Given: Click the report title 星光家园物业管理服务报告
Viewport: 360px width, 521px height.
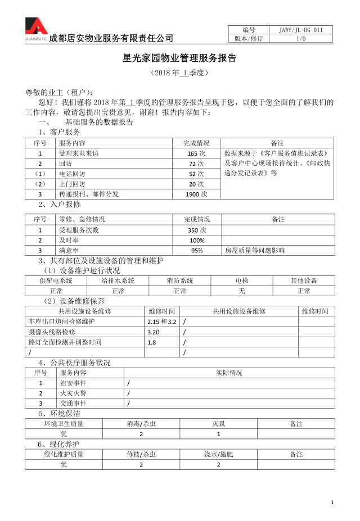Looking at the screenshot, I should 179,58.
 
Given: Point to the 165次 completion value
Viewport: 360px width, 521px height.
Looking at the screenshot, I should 196,153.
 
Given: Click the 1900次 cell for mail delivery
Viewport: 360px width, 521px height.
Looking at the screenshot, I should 196,194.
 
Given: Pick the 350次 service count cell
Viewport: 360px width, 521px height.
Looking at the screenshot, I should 196,230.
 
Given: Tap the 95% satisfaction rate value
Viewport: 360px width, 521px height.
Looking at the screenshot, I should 196,251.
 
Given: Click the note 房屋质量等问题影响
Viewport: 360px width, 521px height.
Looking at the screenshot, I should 254,251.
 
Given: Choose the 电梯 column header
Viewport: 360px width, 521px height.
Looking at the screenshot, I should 242,280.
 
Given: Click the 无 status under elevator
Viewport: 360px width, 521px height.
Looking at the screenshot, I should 242,291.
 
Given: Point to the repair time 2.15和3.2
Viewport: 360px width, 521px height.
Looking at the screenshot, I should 161,321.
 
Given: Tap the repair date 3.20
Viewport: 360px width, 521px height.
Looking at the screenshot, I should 153,332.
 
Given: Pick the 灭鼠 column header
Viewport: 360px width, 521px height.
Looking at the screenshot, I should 219,423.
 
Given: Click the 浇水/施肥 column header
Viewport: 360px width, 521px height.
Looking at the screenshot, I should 219,454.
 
